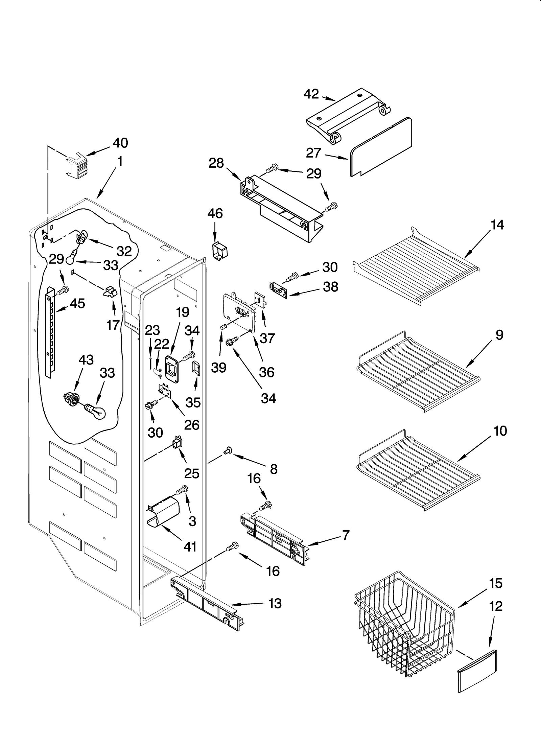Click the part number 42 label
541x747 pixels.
point(311,94)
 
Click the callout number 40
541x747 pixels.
point(120,143)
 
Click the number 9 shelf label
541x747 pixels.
point(499,335)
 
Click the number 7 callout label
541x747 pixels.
point(345,535)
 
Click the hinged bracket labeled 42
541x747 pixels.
point(348,115)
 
